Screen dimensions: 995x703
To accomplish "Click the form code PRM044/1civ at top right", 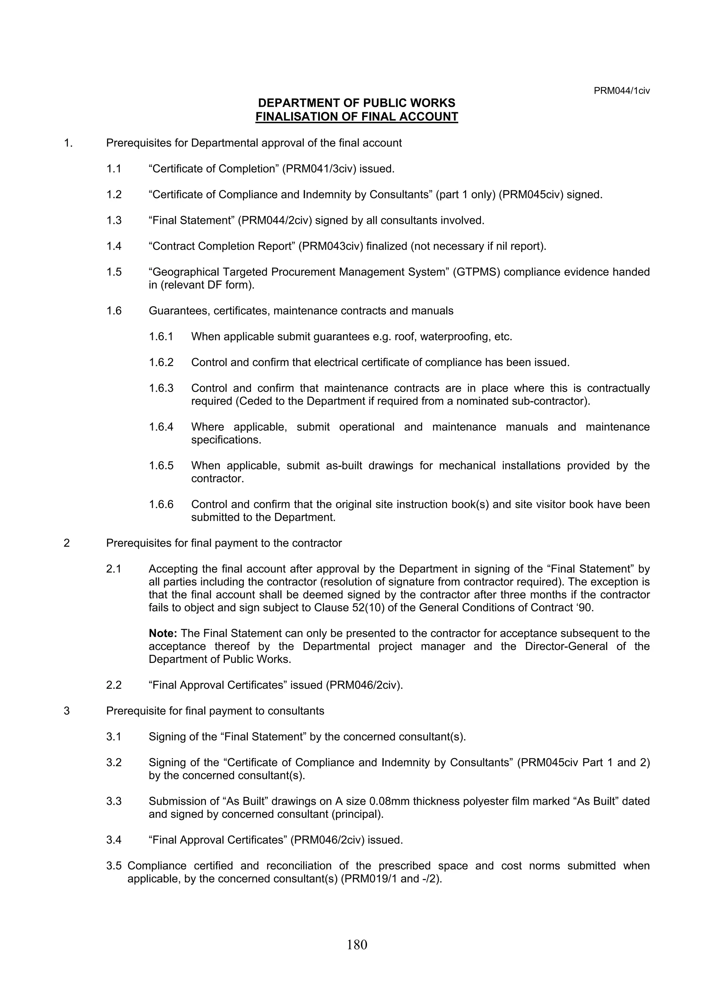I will pyautogui.click(x=622, y=91).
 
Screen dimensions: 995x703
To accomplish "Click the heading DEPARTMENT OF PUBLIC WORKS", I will pyautogui.click(x=357, y=103).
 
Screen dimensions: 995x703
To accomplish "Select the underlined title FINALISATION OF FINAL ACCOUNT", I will pyautogui.click(x=357, y=117).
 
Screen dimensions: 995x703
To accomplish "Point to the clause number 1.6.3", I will pyautogui.click(x=161, y=388).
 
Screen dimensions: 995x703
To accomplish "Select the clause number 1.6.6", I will pyautogui.click(x=161, y=504).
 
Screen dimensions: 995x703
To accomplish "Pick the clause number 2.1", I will pyautogui.click(x=114, y=569).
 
